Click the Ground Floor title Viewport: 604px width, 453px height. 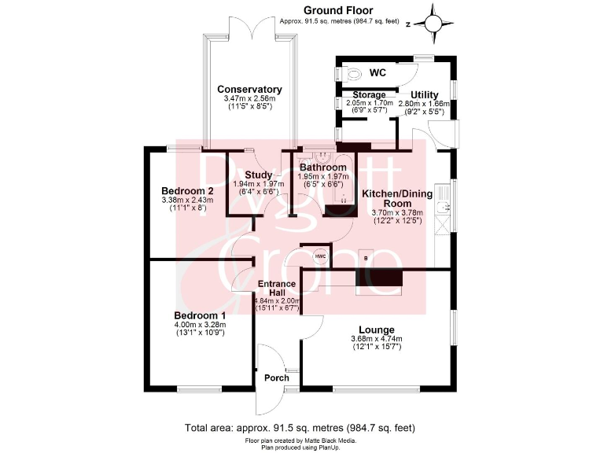[341, 10]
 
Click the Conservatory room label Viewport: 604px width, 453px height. [249, 90]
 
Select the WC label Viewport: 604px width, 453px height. [377, 72]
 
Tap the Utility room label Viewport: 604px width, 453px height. [424, 95]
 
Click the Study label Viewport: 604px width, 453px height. [258, 175]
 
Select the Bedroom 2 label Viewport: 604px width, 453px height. [187, 191]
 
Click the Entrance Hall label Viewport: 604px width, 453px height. [277, 289]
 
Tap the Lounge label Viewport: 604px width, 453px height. [376, 330]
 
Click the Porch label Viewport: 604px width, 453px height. [276, 377]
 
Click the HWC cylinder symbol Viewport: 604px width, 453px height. [320, 256]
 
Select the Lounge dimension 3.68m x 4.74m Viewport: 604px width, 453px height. [376, 340]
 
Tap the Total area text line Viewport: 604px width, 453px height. [300, 428]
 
